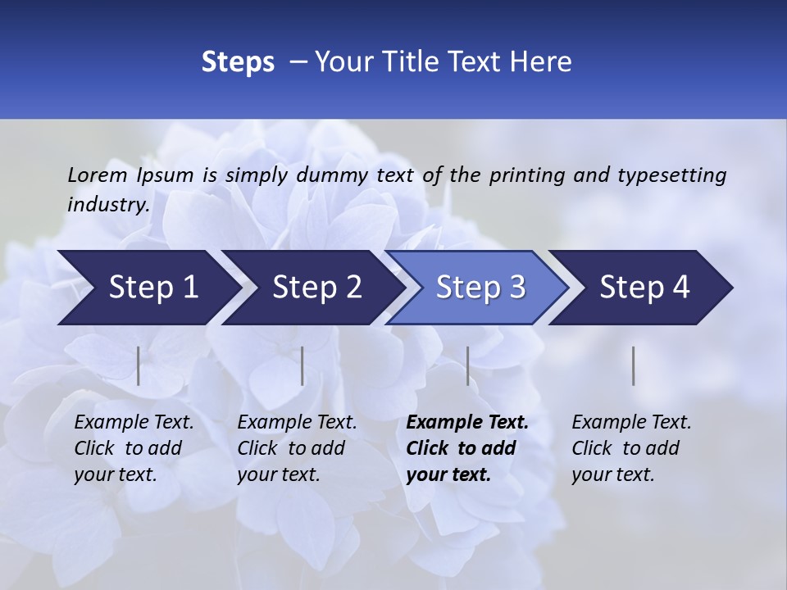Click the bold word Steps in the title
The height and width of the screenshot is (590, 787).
[x=238, y=62]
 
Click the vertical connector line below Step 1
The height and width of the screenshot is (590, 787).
[x=139, y=365]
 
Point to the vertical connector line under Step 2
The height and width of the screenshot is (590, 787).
[x=303, y=365]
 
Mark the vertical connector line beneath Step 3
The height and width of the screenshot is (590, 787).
[x=468, y=365]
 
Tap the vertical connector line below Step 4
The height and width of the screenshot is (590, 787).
[x=634, y=365]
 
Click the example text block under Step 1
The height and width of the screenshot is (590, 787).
[x=134, y=448]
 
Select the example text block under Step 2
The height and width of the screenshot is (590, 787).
[x=297, y=448]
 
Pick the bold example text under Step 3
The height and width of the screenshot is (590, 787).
[x=467, y=448]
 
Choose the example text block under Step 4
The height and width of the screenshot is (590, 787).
[x=631, y=448]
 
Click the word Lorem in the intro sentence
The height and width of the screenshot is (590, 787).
[x=97, y=175]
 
